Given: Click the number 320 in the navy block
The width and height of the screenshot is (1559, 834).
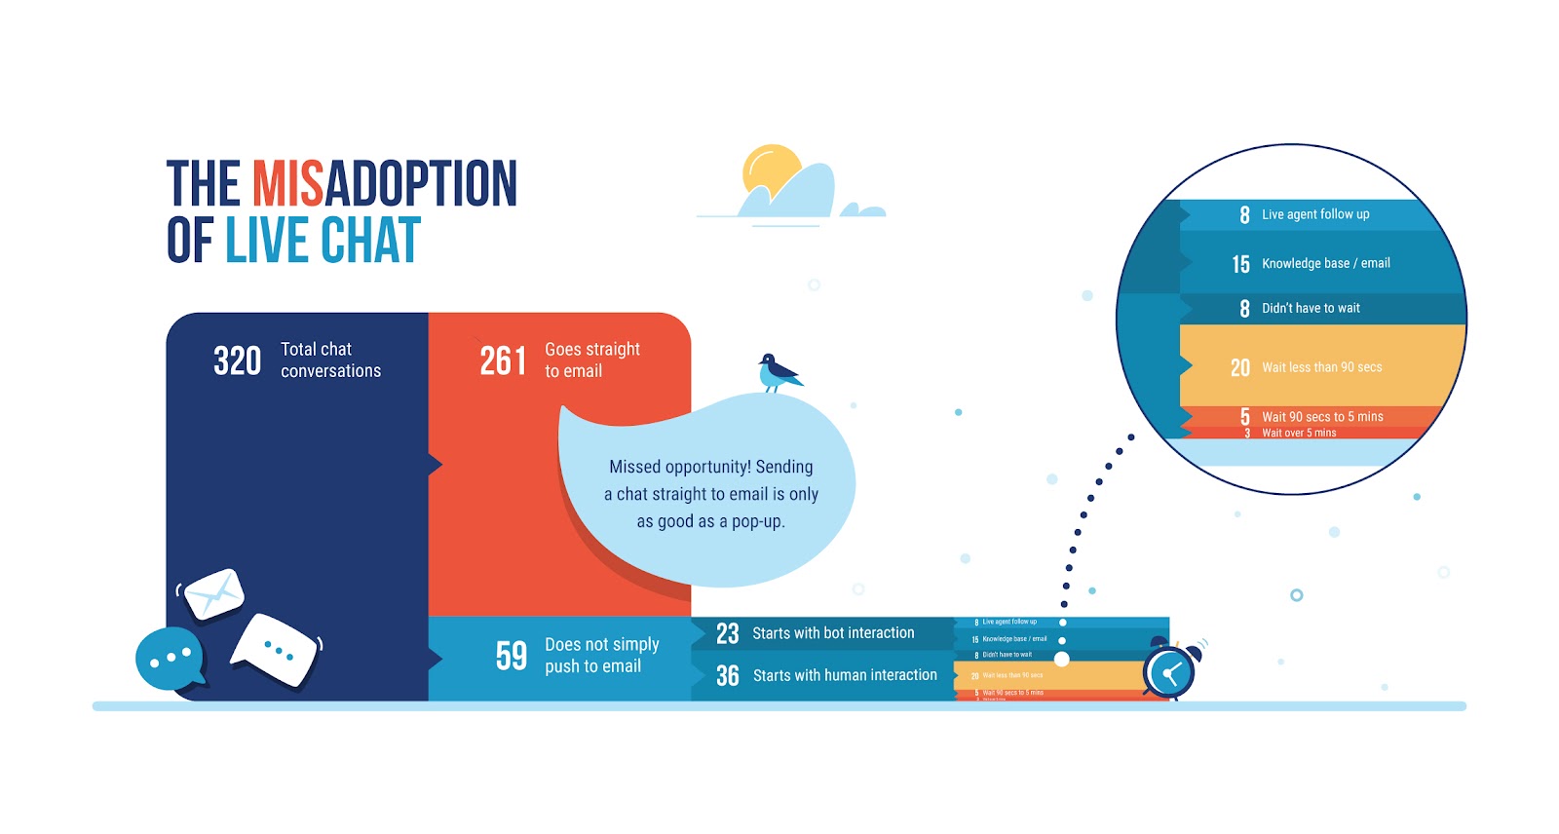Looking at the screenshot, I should (237, 360).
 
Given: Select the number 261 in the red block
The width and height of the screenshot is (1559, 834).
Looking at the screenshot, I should (503, 360).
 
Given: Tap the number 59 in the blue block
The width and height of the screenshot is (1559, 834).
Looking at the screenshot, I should (511, 656).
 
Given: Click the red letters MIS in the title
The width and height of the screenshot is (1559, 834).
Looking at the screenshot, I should (287, 184).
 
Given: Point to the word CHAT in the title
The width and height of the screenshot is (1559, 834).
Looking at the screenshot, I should (370, 241).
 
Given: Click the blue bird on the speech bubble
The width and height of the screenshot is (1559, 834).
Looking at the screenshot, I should (778, 372).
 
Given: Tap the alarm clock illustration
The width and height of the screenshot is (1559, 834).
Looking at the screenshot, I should (1170, 670).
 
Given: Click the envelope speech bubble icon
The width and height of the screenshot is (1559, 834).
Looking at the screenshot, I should (213, 593).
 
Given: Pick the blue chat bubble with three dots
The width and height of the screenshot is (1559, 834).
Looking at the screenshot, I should (171, 658).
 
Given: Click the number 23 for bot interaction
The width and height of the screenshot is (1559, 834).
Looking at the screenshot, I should (727, 633).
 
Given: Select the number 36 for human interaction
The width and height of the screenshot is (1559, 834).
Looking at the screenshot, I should (727, 675).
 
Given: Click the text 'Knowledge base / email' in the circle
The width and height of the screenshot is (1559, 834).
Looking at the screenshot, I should (1325, 263).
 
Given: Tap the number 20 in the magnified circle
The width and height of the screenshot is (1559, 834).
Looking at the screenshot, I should (1239, 367).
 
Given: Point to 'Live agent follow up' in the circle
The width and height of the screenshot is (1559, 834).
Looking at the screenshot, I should (1315, 214).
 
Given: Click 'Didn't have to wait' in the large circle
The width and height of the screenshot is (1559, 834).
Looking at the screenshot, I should (1311, 308).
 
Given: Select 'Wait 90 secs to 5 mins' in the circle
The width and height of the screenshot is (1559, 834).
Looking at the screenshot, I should (1322, 416).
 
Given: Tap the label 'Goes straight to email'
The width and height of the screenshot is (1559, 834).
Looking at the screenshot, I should (591, 360).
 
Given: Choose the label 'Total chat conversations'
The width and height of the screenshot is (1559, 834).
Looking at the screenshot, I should (330, 360).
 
